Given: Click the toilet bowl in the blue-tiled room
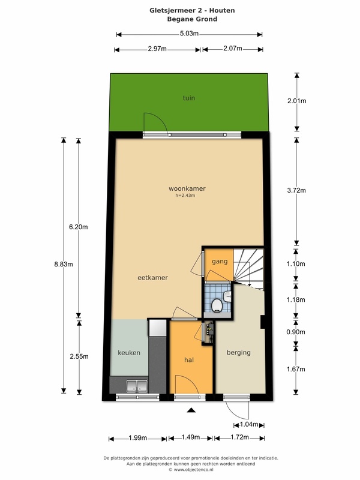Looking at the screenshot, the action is [217, 305].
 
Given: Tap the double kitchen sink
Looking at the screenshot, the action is [137, 386].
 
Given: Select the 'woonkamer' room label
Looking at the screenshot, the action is [187, 188].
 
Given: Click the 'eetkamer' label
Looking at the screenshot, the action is [153, 278].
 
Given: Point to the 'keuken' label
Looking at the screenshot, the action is [129, 353].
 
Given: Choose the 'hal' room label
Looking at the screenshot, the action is [189, 360].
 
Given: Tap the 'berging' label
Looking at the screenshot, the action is [239, 353].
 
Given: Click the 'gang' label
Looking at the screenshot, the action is [220, 262].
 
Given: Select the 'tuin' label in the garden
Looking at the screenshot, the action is [189, 98].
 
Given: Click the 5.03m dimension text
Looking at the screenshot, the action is [189, 34].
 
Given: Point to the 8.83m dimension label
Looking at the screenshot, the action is [64, 264].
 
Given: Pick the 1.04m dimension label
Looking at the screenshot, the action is [249, 425].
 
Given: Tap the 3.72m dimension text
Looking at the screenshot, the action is [296, 190].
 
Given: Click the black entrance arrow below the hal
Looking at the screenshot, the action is [191, 410].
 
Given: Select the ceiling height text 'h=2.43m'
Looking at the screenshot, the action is [185, 196].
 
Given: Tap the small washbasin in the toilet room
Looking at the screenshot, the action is [227, 296].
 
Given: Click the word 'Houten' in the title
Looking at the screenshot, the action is [222, 10].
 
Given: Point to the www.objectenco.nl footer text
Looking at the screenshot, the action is [191, 470].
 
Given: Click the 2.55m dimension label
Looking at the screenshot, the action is [79, 356].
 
